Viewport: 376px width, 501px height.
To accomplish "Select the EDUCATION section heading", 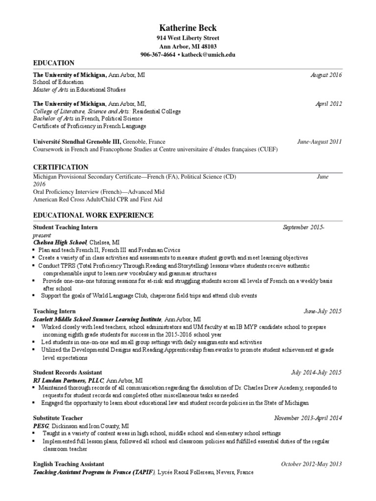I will click(54, 63).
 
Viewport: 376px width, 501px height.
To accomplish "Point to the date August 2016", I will click(327, 75).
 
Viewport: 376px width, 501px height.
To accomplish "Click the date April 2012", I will click(329, 104).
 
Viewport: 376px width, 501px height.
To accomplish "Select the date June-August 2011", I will click(320, 142).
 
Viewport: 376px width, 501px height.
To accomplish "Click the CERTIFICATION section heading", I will click(61, 167).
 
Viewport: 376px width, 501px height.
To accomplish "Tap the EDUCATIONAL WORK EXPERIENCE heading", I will click(93, 215).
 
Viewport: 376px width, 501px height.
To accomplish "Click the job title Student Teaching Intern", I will click(65, 228).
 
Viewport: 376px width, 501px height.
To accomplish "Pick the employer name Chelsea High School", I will click(60, 242).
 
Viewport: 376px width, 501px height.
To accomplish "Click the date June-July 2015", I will click(323, 311).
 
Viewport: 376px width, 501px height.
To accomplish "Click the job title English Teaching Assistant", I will click(69, 464).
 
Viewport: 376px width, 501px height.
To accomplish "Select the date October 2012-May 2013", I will click(311, 464).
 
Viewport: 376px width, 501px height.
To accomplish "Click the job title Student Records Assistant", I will click(68, 373).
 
